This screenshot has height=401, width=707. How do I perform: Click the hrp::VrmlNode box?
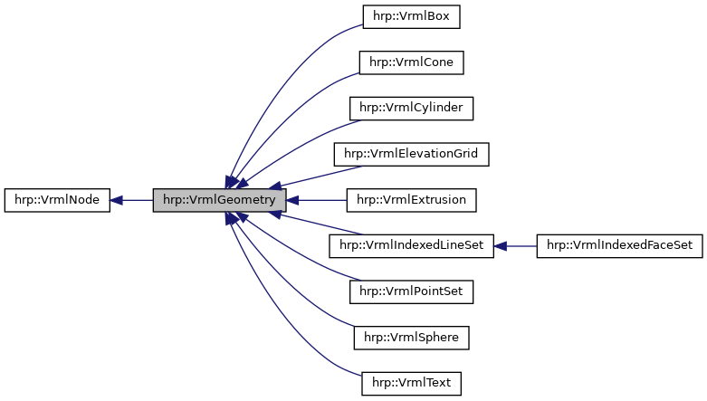point(57,200)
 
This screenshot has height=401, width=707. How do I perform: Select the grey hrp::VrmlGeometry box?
point(219,200)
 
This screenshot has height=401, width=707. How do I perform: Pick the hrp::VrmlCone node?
point(411,62)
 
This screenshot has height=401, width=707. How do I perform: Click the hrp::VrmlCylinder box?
point(411,109)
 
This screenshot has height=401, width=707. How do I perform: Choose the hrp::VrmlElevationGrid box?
point(411,154)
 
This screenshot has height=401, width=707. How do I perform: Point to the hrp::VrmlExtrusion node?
point(411,200)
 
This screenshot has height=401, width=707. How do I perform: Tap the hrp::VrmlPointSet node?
point(411,291)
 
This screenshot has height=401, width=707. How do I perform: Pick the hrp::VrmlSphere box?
point(411,338)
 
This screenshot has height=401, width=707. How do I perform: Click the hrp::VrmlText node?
point(411,384)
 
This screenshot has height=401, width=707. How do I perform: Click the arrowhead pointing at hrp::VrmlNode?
point(118,200)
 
